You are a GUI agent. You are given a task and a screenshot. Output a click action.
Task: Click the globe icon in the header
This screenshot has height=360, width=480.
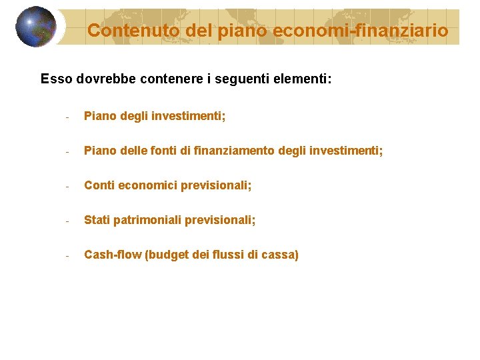[x=36, y=27]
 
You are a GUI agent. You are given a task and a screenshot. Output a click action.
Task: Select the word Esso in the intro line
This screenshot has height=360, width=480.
[x=57, y=79]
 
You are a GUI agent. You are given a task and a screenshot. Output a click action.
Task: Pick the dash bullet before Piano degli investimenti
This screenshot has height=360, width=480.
[x=67, y=117]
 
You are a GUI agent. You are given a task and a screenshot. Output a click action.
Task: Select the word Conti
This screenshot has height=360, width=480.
[x=99, y=185]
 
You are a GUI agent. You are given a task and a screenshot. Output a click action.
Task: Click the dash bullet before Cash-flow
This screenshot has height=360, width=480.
[x=67, y=256]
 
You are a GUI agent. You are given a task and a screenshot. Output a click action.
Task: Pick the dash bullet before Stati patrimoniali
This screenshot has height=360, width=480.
[x=67, y=221]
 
